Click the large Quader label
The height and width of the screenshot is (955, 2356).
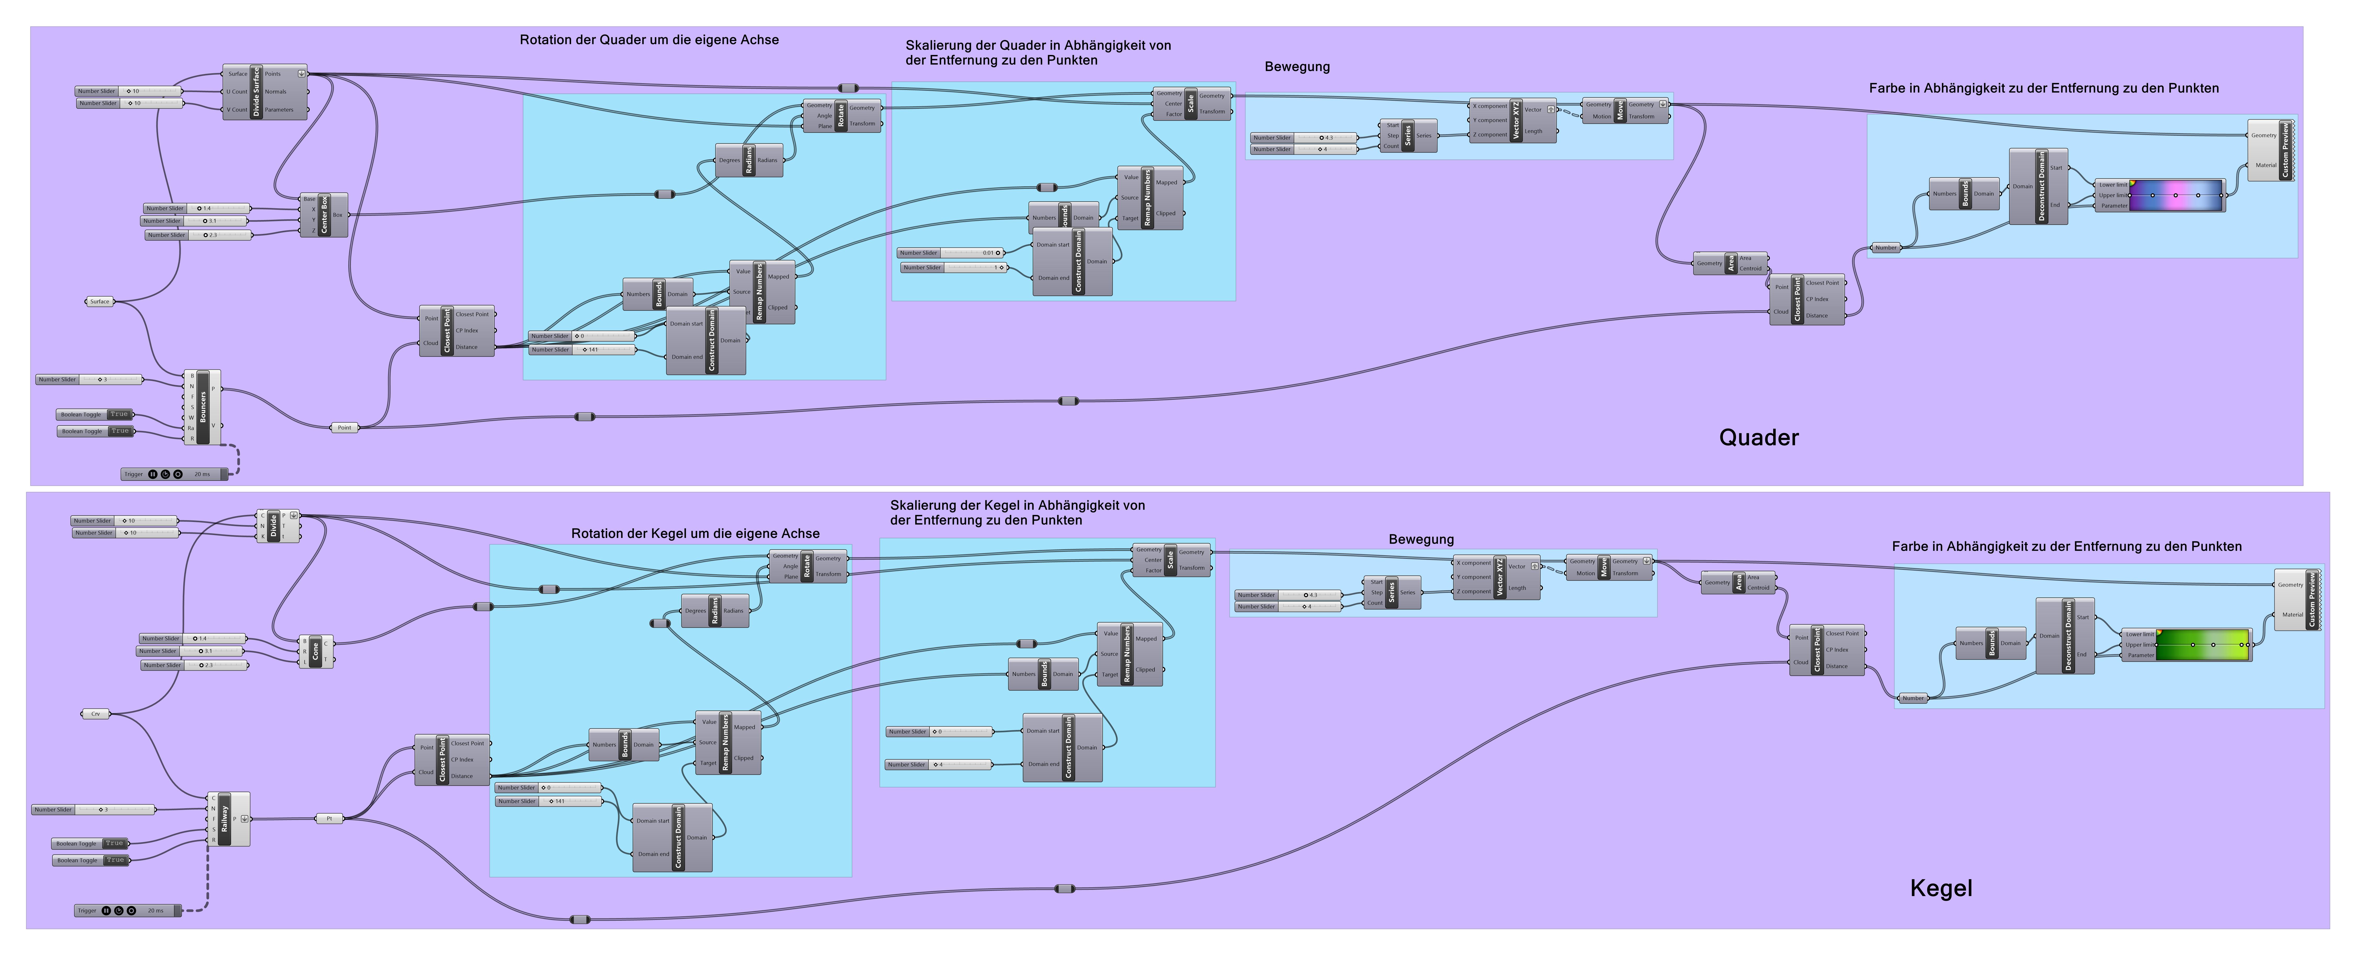pos(1758,437)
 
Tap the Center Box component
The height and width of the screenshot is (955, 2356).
pos(324,215)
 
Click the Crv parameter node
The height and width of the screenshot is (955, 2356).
pos(95,714)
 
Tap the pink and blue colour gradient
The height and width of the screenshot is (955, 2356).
pos(2177,195)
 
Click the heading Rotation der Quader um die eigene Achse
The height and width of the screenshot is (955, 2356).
pos(648,40)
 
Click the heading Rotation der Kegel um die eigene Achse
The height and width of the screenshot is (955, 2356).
pos(695,533)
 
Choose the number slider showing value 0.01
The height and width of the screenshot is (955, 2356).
pos(951,252)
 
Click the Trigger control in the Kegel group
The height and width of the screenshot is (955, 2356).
pos(128,910)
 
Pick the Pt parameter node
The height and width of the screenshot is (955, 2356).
pos(329,819)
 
